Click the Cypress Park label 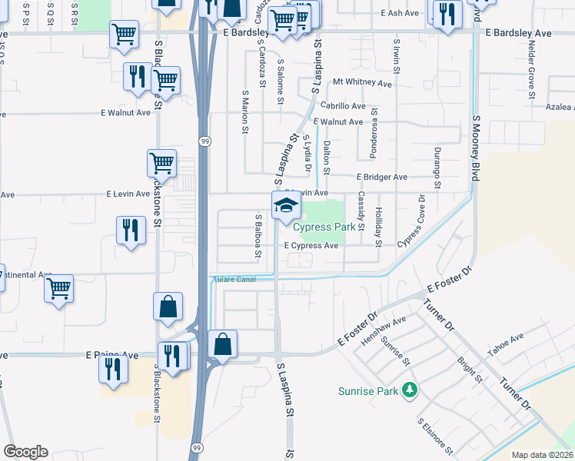324,227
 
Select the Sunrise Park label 368,391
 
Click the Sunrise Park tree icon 410,390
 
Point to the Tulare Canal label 234,279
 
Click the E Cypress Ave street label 311,246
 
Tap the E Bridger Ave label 382,177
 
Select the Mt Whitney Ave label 362,83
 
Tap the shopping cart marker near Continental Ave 58,290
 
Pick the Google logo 25,452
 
